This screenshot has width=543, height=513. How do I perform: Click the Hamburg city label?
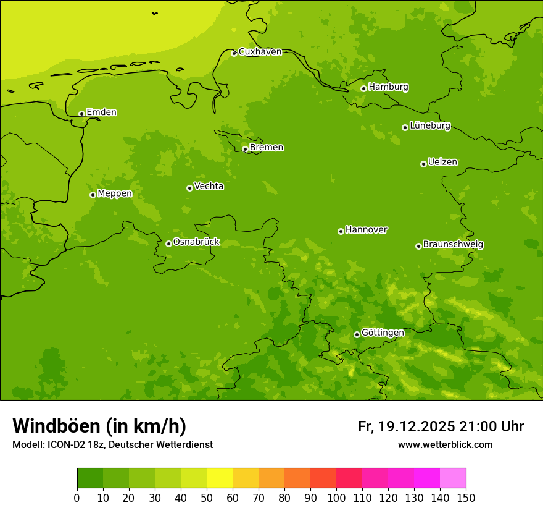(x=388, y=87)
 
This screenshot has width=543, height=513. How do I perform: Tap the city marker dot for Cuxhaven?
(x=234, y=53)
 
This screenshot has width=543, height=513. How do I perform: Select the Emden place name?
(x=101, y=112)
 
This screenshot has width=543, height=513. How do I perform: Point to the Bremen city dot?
(x=245, y=149)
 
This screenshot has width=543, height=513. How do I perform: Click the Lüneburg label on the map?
(x=430, y=125)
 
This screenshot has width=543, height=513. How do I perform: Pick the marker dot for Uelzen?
(x=423, y=164)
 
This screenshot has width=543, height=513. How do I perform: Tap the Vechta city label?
(x=209, y=186)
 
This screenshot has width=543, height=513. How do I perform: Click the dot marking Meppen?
(x=93, y=195)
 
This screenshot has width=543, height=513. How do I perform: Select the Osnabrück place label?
(x=196, y=242)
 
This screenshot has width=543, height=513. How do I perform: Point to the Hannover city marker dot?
(x=341, y=231)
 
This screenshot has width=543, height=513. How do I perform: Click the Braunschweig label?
(x=453, y=244)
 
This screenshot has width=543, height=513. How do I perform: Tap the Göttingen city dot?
(x=357, y=334)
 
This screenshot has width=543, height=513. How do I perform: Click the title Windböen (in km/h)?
(x=99, y=426)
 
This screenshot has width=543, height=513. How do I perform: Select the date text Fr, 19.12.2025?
(x=407, y=426)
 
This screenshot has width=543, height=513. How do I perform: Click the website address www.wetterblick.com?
(x=445, y=444)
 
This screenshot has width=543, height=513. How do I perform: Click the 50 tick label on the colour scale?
(x=207, y=498)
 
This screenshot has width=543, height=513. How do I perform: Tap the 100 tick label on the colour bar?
(x=336, y=498)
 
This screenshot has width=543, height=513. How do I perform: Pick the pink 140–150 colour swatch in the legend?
(x=453, y=478)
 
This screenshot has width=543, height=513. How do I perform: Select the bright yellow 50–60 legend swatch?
(x=220, y=478)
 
